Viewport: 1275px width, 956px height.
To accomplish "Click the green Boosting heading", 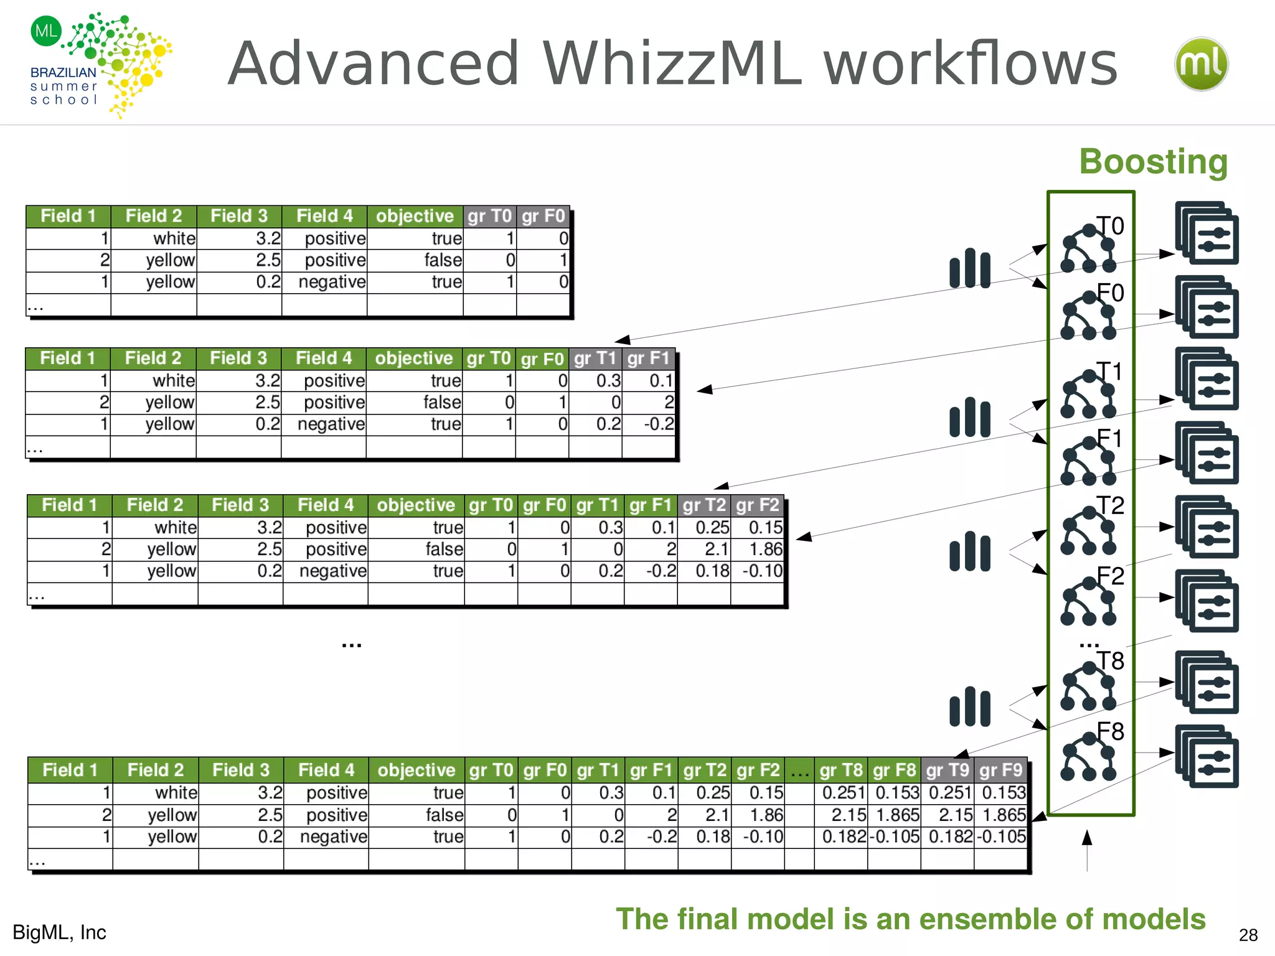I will pyautogui.click(x=1153, y=162).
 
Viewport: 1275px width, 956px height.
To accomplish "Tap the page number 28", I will pyautogui.click(x=1248, y=935).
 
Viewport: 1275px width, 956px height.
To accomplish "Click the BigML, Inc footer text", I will pyautogui.click(x=59, y=932).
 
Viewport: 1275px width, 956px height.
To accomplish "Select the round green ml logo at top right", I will pyautogui.click(x=1201, y=64).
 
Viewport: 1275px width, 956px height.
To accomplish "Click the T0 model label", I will pyautogui.click(x=1109, y=226).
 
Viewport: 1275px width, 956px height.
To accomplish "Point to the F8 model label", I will pyautogui.click(x=1110, y=731).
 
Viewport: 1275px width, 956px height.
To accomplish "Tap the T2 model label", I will pyautogui.click(x=1110, y=505).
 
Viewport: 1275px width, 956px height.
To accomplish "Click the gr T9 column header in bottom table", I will pyautogui.click(x=947, y=771).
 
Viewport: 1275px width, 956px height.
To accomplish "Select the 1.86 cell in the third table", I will pyautogui.click(x=765, y=549).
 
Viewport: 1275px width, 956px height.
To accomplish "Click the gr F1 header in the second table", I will pyautogui.click(x=648, y=358).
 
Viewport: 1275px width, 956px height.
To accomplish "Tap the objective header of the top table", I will pyautogui.click(x=415, y=216).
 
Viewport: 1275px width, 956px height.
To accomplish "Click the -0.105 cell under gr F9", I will pyautogui.click(x=1000, y=836).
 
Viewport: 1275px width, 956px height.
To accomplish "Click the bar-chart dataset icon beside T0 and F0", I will pyautogui.click(x=969, y=269).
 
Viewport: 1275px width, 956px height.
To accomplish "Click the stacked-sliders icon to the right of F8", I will pyautogui.click(x=1207, y=756).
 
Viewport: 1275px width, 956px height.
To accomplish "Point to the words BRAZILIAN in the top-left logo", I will pyautogui.click(x=63, y=72).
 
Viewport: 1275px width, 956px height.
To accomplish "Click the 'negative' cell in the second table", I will pyautogui.click(x=331, y=424).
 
